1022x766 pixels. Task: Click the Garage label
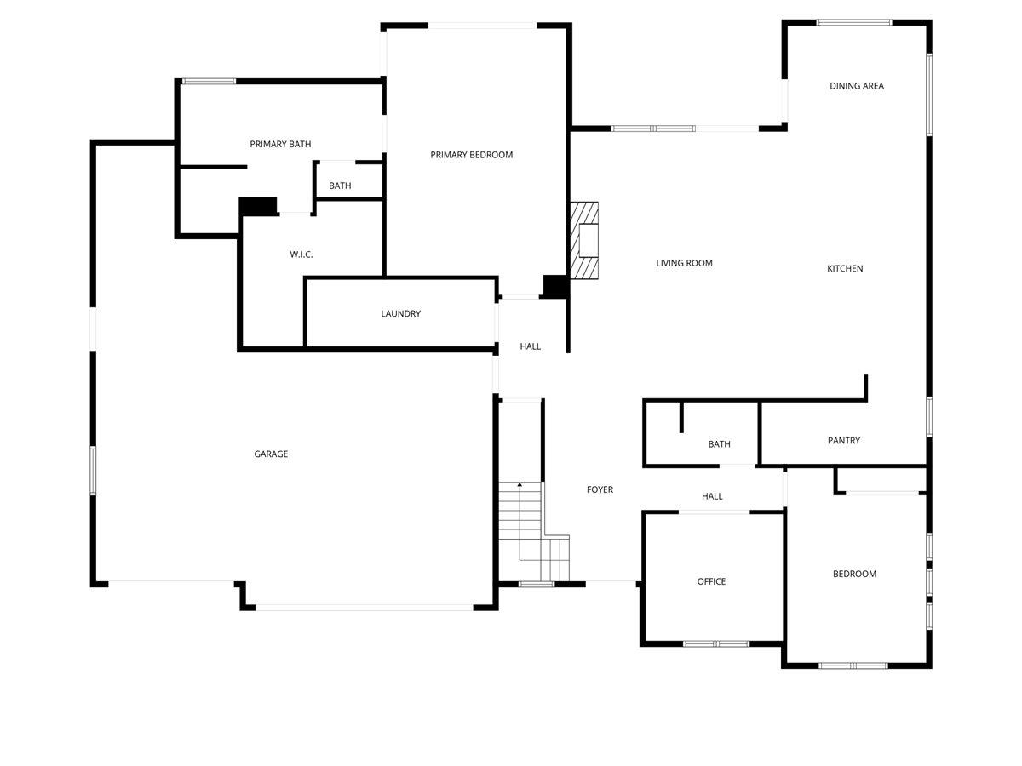[271, 454]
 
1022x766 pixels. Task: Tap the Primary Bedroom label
[471, 155]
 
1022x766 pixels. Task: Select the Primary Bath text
[280, 145]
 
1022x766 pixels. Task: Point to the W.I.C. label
[301, 254]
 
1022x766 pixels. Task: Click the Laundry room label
[400, 314]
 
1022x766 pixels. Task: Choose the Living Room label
[684, 264]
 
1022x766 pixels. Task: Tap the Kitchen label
[845, 269]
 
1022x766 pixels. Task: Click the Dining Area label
[857, 86]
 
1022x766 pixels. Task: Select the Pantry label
[843, 441]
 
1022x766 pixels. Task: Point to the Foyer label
[600, 490]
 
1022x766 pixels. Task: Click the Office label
[711, 582]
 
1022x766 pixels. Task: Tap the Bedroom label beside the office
[854, 574]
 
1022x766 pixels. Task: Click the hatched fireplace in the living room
[584, 241]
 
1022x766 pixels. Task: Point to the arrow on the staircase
[520, 485]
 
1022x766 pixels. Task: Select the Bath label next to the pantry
[719, 444]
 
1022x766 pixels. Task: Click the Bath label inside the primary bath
[340, 186]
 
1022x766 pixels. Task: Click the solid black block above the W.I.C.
[258, 206]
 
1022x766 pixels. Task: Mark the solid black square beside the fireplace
[555, 287]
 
